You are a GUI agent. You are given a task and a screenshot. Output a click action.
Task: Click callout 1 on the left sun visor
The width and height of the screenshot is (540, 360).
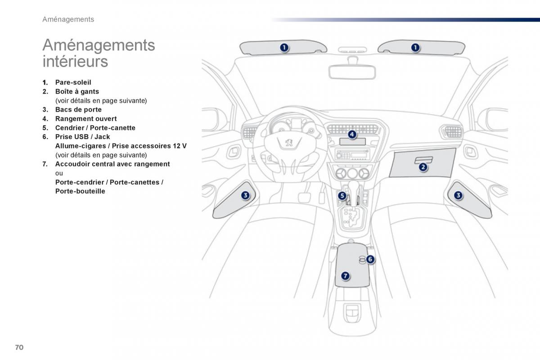point(284,47)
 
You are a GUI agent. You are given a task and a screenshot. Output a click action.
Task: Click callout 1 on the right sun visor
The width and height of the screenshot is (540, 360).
point(415,47)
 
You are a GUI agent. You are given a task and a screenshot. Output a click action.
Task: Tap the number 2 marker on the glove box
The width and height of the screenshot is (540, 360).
point(423,167)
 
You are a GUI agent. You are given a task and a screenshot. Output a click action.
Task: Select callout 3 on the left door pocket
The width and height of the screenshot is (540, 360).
point(245,195)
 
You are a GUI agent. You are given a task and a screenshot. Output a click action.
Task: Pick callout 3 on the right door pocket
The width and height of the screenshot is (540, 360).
point(458,195)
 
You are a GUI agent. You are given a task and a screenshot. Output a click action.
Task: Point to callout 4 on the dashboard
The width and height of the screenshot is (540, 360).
point(351,134)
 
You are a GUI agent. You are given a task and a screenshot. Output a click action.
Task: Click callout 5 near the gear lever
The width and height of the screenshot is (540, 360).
point(342,196)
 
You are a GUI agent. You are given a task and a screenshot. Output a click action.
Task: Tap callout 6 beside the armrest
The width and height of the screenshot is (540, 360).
point(370,259)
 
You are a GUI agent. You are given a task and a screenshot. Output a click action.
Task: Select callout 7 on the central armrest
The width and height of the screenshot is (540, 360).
point(345,276)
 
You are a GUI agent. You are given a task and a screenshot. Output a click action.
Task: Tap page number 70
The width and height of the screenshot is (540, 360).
point(19,347)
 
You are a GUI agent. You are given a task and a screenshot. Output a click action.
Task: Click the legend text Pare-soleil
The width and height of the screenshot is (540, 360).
point(73,82)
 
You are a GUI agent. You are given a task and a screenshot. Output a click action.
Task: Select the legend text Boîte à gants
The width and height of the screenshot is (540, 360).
point(77,91)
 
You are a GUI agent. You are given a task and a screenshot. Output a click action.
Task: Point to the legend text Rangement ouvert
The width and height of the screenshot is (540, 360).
point(85,119)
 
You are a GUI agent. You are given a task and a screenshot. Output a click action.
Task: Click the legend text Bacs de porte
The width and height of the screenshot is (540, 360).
point(78,110)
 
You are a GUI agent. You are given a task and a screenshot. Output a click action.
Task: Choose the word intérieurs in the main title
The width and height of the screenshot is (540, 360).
point(75,61)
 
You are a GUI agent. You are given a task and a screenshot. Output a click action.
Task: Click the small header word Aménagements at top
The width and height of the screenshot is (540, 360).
point(68,19)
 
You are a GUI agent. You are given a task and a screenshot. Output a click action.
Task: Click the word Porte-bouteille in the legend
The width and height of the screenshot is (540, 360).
point(80,191)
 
